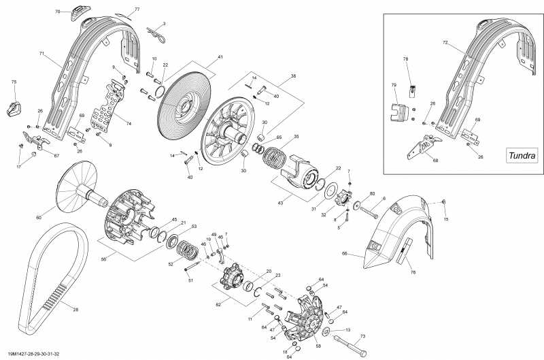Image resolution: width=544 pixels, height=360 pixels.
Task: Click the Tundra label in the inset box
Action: [x=522, y=155]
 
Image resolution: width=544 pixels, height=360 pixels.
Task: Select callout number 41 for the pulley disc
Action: [x=220, y=57]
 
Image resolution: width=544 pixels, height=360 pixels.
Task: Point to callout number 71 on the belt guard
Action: [x=41, y=53]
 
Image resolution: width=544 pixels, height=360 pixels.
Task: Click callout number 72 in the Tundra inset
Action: [x=464, y=42]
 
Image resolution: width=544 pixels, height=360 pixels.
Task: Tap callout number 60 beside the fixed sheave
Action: [x=39, y=217]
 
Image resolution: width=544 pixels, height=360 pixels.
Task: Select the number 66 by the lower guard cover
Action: [x=344, y=254]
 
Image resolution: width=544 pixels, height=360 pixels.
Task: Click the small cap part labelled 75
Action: [x=14, y=108]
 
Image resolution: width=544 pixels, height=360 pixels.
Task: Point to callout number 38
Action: [x=293, y=76]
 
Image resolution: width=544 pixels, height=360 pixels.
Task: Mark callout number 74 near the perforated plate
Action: [x=129, y=125]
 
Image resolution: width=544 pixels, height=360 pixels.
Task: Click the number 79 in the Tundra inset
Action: [x=393, y=85]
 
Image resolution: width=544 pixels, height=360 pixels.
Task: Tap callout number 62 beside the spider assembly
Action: [x=218, y=306]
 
